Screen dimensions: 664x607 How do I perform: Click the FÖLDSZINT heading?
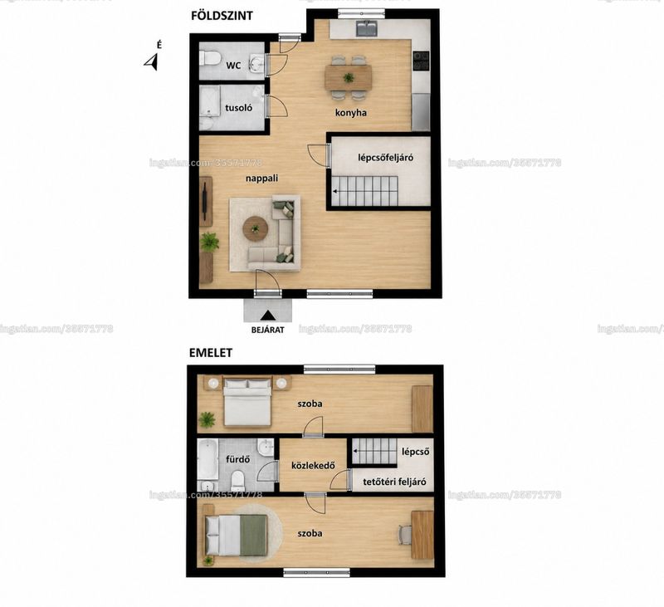222,16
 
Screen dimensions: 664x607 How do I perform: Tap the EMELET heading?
211,353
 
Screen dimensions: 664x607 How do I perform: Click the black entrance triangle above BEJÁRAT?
267,316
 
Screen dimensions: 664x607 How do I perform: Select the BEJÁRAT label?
267,330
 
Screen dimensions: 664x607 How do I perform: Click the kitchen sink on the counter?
366,28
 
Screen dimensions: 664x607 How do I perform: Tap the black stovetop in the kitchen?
421,60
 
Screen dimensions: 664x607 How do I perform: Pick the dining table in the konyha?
348,77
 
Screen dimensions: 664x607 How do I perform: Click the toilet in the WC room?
209,58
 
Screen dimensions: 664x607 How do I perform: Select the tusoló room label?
238,108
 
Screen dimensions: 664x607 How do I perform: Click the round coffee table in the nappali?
256,228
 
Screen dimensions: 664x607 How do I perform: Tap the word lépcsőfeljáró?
385,158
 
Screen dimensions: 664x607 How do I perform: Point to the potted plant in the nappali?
209,242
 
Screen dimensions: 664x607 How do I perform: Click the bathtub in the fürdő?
207,459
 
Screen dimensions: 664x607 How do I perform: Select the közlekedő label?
314,466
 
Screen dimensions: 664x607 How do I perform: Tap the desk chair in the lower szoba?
404,535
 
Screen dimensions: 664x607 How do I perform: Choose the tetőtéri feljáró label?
395,482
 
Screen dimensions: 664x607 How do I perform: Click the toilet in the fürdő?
238,479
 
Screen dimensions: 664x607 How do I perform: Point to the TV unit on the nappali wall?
206,201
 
